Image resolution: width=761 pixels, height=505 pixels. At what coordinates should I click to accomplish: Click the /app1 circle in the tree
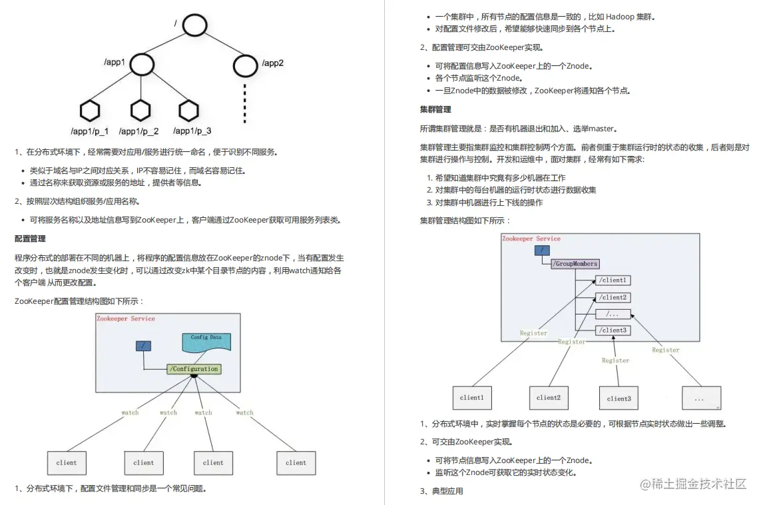142,64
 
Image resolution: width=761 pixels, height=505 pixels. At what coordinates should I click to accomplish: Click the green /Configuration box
194,369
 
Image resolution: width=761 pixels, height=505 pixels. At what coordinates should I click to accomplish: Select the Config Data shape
206,341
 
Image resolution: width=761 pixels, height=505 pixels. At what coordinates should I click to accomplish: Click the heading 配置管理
30,239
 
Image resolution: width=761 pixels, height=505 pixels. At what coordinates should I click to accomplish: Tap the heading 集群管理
435,109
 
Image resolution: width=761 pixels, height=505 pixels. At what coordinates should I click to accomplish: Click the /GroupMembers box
575,264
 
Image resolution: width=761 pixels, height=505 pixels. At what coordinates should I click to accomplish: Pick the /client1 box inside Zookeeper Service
613,280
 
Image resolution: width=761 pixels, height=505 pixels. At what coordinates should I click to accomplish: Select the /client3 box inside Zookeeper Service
613,330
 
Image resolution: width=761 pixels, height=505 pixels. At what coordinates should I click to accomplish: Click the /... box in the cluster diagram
613,314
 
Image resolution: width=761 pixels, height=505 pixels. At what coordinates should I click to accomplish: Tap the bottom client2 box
549,398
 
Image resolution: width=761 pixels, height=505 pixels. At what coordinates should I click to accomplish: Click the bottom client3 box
619,398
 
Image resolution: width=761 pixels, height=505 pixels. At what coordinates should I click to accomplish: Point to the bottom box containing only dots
700,398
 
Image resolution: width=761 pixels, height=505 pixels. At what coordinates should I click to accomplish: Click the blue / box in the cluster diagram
543,250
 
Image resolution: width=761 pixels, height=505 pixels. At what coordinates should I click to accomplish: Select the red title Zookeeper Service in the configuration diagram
126,318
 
